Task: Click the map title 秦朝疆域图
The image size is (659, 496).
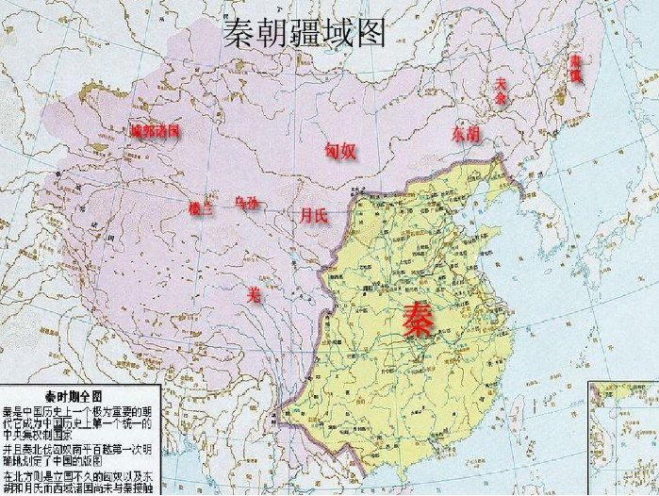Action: [305, 35]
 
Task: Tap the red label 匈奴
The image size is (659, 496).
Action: [340, 152]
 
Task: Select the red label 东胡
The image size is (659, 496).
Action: [466, 135]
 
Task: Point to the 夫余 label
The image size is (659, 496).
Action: [501, 91]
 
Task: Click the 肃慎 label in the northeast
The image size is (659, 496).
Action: [575, 67]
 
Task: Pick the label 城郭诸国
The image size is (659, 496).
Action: [156, 130]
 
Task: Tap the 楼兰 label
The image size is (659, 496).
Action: [201, 208]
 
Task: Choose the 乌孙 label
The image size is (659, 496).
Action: [245, 202]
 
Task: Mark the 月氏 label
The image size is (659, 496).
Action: [314, 216]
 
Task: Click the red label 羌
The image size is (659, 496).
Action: [253, 294]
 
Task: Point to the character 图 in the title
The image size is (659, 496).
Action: [371, 35]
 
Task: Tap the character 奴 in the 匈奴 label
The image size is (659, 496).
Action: [349, 152]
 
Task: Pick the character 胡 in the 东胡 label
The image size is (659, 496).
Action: [473, 135]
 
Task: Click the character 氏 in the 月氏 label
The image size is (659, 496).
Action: [321, 216]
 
